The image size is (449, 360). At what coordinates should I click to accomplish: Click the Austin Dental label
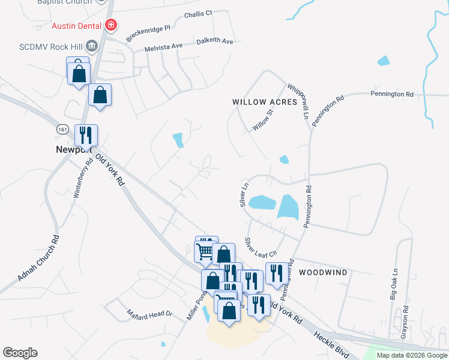click(x=77, y=25)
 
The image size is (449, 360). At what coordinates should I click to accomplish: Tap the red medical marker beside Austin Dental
click(x=110, y=25)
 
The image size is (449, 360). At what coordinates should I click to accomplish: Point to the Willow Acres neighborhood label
click(x=265, y=102)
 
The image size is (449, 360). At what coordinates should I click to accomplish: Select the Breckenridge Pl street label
click(x=148, y=32)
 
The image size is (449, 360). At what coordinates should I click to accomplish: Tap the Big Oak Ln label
click(x=394, y=284)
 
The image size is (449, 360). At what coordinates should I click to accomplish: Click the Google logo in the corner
click(x=20, y=353)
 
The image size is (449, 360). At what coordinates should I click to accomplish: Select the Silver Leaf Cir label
click(x=259, y=247)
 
